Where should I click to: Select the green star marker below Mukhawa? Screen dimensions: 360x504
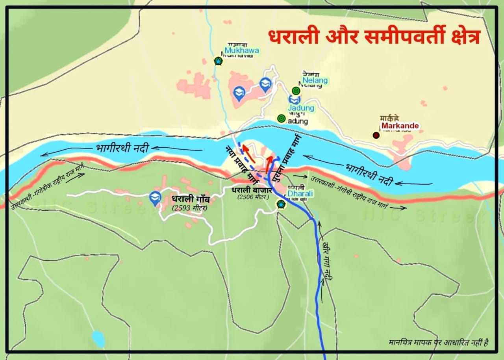click(x=218, y=61)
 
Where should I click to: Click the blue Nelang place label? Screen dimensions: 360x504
click(x=315, y=81)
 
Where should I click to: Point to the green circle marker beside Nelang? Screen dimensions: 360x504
click(x=296, y=91)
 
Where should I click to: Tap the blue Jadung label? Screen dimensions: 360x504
click(x=301, y=108)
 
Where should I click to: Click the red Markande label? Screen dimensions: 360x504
click(x=400, y=126)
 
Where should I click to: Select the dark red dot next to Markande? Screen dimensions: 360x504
click(x=376, y=135)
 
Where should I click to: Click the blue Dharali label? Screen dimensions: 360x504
click(x=300, y=194)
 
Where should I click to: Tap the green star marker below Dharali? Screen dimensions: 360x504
click(x=281, y=204)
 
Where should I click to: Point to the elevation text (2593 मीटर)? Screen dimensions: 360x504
click(x=189, y=208)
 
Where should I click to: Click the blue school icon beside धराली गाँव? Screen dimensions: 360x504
click(x=156, y=198)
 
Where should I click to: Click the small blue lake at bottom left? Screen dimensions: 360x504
click(x=98, y=339)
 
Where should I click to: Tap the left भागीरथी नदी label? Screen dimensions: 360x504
click(x=122, y=148)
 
